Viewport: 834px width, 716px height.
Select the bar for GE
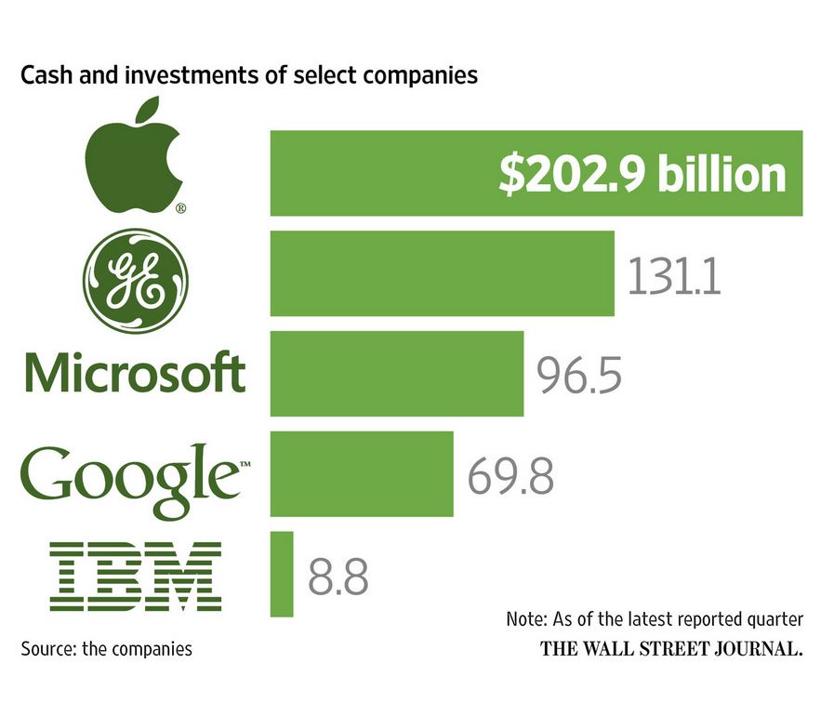tap(442, 273)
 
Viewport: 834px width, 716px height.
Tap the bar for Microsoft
tap(396, 374)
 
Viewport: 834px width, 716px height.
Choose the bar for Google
tap(361, 473)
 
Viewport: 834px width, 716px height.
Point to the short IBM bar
tap(281, 574)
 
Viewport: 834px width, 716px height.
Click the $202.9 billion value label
tap(642, 175)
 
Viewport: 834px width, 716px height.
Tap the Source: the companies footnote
tap(106, 648)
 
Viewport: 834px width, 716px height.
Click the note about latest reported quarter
tap(654, 619)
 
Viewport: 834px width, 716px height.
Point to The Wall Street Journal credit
tap(671, 649)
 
